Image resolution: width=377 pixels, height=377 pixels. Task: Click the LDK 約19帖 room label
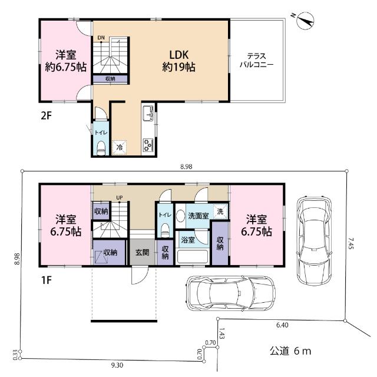click(178, 61)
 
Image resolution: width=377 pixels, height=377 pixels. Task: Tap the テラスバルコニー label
click(257, 60)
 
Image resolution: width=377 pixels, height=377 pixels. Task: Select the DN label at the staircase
click(101, 38)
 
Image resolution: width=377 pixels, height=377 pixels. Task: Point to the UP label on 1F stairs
click(120, 197)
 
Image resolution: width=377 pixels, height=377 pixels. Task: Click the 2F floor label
click(47, 116)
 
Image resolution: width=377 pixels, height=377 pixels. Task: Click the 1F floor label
click(47, 280)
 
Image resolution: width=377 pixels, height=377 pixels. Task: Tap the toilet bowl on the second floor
click(101, 148)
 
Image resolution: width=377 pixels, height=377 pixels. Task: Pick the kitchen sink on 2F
click(148, 114)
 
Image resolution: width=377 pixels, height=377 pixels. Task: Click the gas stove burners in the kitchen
click(148, 145)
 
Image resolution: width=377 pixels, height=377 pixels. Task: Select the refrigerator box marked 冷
click(119, 147)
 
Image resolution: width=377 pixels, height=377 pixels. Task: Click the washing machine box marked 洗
click(220, 211)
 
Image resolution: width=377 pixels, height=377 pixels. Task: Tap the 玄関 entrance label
click(143, 253)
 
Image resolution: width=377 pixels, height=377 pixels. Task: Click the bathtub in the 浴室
click(193, 257)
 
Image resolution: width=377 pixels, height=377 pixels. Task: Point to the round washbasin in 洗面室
click(180, 216)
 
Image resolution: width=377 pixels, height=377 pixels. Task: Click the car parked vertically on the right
click(314, 241)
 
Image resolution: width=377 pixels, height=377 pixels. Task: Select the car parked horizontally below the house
click(230, 293)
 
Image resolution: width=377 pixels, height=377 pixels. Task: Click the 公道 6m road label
click(290, 351)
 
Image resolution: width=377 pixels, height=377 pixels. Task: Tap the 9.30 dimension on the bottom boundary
click(117, 365)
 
